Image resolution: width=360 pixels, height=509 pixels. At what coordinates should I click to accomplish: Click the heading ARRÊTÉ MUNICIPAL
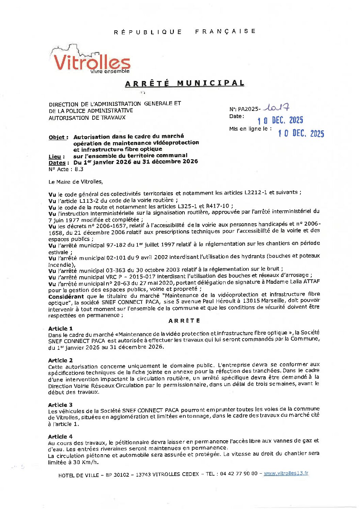[185, 83]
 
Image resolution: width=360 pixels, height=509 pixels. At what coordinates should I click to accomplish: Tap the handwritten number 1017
[278, 108]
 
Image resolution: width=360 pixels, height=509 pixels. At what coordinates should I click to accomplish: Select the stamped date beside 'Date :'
[280, 120]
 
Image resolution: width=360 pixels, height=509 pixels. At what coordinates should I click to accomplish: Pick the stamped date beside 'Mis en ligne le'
[301, 133]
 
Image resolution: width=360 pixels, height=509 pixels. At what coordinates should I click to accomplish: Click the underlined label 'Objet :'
[58, 137]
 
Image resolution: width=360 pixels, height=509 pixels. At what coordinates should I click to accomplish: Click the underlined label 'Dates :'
[59, 163]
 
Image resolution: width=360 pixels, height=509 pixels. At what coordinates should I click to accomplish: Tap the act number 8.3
[79, 169]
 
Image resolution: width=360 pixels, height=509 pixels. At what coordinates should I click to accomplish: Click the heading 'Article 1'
[60, 328]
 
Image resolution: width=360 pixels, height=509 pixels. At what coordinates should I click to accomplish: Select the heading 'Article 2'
[60, 360]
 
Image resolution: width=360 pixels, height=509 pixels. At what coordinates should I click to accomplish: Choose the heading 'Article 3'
[60, 405]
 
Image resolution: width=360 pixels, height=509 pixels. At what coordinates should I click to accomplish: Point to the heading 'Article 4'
[60, 437]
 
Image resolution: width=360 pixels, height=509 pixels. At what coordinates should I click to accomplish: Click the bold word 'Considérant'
[66, 296]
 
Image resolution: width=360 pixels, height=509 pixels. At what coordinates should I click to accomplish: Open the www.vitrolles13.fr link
[286, 473]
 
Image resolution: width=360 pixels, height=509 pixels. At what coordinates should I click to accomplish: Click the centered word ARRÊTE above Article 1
[184, 321]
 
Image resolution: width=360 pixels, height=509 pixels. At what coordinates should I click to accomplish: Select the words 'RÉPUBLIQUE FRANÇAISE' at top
[185, 32]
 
